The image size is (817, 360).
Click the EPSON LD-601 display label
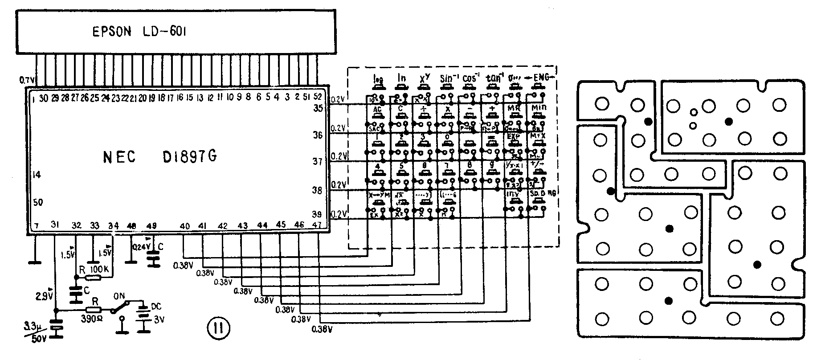click(139, 32)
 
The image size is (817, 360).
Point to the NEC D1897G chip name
click(160, 156)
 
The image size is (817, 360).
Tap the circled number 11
click(218, 329)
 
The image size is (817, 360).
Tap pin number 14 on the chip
click(37, 175)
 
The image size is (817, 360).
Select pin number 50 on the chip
click(38, 203)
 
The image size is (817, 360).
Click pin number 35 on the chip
click(318, 107)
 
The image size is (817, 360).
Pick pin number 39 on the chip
click(318, 214)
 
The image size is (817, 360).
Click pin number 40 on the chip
click(185, 226)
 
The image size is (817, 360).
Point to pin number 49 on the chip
click(151, 226)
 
